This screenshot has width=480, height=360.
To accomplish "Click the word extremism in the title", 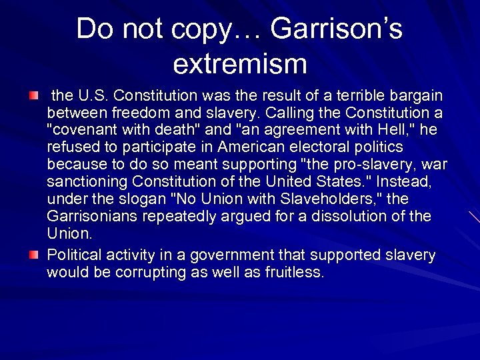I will pyautogui.click(x=239, y=64).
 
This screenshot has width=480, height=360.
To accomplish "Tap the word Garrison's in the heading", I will pyautogui.click(x=337, y=29).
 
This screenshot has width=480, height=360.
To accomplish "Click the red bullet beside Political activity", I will pyautogui.click(x=34, y=255).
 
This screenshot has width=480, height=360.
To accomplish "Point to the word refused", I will pyautogui.click(x=71, y=147).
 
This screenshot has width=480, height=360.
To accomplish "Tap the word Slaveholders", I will pyautogui.click(x=331, y=199).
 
